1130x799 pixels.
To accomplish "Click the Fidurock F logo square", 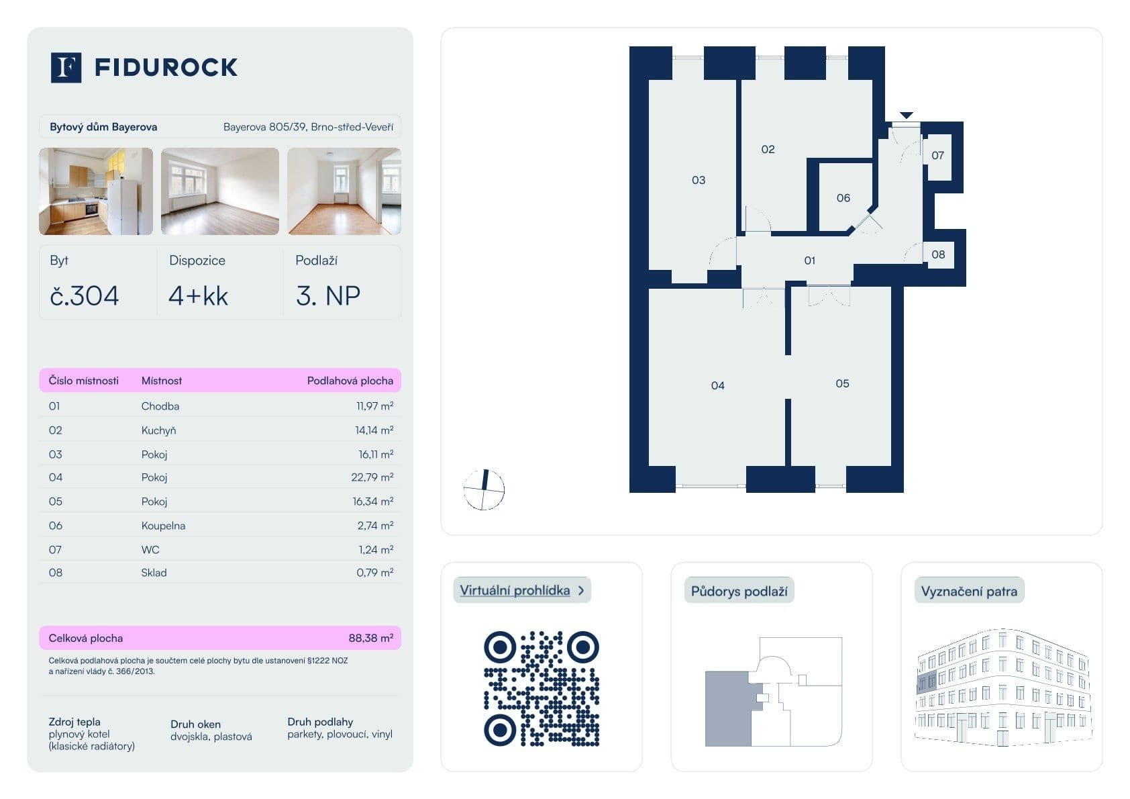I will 66,67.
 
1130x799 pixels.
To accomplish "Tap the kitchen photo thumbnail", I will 96,191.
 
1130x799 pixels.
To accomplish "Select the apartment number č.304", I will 85,295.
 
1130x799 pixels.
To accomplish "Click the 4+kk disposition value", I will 198,295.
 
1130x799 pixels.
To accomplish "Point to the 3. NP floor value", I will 328,295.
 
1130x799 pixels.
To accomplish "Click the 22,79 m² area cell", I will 372,477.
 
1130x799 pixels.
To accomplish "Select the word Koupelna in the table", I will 163,526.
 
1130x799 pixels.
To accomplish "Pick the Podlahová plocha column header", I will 350,381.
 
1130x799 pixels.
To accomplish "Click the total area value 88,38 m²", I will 370,638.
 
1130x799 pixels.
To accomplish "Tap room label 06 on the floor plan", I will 843,198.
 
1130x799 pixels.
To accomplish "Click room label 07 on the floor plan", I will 937,156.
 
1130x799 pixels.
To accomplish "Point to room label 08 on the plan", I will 938,254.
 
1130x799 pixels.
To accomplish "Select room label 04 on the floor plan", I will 717,385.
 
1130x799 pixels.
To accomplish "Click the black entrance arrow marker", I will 906,115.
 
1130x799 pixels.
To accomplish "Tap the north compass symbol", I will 484,489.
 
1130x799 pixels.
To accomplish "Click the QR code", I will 541,688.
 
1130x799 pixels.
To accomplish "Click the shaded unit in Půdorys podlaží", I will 727,709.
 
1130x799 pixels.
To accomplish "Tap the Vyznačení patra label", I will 968,592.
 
